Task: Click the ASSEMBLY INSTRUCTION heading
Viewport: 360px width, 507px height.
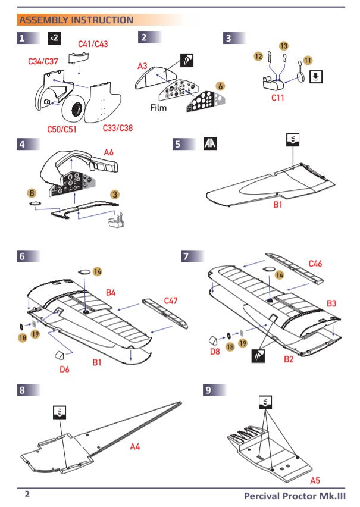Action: [76, 20]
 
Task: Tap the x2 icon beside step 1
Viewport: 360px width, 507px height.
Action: [54, 38]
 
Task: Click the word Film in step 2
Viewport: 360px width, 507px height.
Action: [158, 109]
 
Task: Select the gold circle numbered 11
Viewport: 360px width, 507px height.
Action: [308, 60]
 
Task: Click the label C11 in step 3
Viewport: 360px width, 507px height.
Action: [278, 98]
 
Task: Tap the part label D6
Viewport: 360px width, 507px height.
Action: [65, 369]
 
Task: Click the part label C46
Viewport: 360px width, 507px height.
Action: [315, 263]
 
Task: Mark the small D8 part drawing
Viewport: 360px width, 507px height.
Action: [212, 340]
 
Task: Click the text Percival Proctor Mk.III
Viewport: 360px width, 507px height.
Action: [294, 496]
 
